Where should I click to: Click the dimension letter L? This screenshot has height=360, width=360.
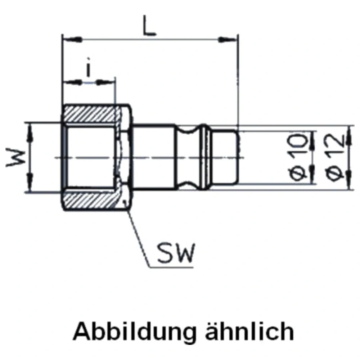pyautogui.click(x=149, y=25)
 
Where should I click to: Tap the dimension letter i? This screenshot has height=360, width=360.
pyautogui.click(x=88, y=67)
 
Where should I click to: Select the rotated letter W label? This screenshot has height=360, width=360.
pyautogui.click(x=15, y=158)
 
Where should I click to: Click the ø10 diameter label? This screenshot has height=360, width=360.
pyautogui.click(x=298, y=157)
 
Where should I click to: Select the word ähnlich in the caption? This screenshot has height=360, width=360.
pyautogui.click(x=249, y=331)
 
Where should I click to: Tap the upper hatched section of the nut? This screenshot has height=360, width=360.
pyautogui.click(x=90, y=113)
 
